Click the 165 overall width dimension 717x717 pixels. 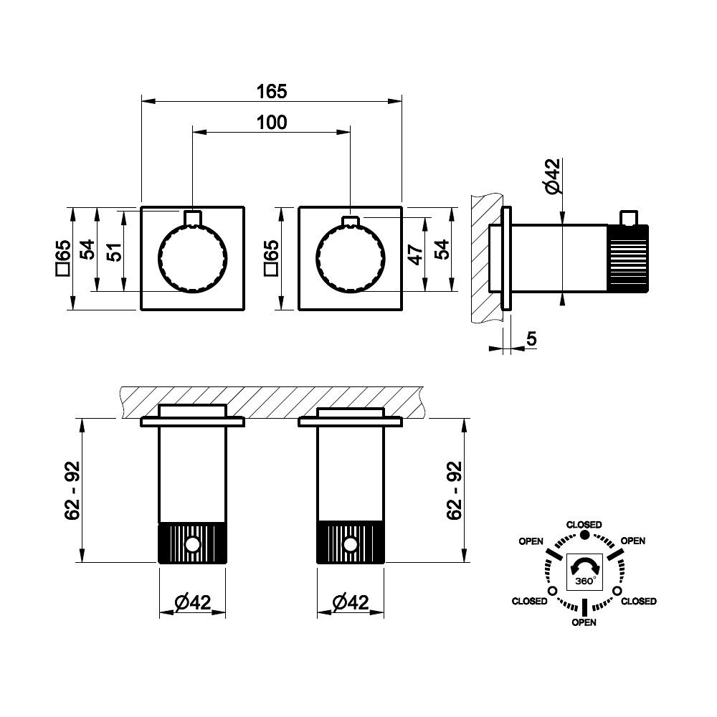point(272,92)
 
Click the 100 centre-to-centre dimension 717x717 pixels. point(272,123)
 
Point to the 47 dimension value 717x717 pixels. point(416,255)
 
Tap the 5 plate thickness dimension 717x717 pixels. point(531,339)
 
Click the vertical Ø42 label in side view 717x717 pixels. point(552,176)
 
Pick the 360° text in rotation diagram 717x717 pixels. point(585,581)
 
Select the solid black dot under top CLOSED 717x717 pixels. point(584,535)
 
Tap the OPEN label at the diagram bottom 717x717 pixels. point(584,622)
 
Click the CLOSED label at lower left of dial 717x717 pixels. point(530,601)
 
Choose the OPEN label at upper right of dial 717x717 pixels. point(633,541)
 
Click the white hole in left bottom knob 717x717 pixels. point(192,545)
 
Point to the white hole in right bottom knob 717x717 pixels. point(351,545)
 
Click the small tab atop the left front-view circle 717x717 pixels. point(192,217)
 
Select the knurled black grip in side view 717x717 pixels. point(628,258)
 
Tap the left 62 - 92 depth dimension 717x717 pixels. point(72,490)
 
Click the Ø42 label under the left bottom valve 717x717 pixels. point(192,602)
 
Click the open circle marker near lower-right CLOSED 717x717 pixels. point(617,591)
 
